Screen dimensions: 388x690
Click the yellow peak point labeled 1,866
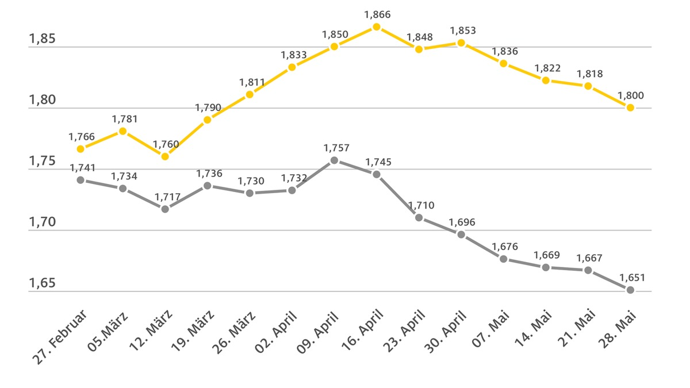377,27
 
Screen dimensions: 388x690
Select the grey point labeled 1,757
334,160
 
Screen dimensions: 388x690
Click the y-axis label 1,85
43,40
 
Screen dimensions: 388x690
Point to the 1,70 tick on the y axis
43,222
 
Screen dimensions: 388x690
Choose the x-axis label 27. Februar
60,337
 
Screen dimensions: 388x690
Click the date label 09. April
318,333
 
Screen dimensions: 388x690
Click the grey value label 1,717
168,197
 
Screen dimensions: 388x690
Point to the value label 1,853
463,30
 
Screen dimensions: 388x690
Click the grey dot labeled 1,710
419,218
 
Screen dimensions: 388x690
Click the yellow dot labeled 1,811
250,94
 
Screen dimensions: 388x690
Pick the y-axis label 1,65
43,283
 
